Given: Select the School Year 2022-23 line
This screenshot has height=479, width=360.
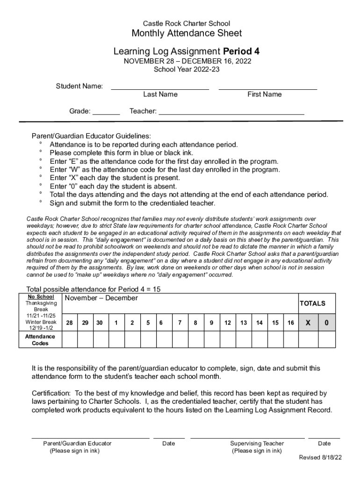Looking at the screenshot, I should click(187, 70).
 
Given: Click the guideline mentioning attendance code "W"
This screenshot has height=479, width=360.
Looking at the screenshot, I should click(165, 170).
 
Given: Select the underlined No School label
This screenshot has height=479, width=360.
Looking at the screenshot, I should click(40, 297).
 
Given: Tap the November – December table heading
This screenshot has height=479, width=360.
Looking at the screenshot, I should click(101, 298).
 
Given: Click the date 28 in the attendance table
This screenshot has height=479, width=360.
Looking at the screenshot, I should click(69, 323).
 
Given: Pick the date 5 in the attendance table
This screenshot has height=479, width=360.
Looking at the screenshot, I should click(147, 323).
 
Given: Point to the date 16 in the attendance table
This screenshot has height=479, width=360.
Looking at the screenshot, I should click(291, 323).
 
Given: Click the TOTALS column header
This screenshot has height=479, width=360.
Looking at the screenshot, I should click(312, 304).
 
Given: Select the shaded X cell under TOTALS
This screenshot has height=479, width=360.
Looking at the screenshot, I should click(308, 323).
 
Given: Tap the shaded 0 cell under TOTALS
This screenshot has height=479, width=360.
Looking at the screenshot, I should click(326, 323).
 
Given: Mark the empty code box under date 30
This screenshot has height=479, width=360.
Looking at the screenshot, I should click(100, 340).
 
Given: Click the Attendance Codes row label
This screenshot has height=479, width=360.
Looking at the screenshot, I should click(40, 340).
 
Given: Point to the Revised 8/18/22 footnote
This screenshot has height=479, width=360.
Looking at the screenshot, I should click(320, 457).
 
